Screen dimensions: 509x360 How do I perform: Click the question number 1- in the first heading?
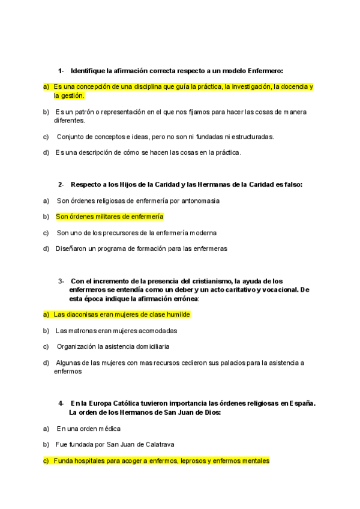click(61, 71)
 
